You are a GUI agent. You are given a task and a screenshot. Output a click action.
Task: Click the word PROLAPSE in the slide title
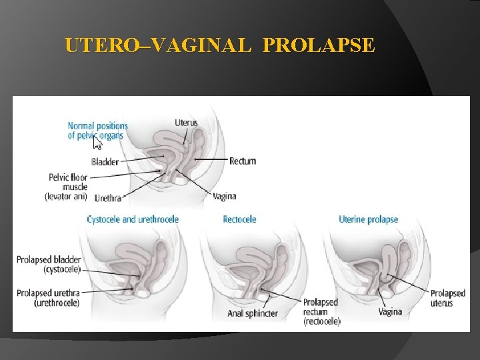(319, 46)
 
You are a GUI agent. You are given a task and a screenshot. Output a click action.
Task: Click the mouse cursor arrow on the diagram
(97, 143)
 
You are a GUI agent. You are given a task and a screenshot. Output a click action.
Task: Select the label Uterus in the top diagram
(186, 123)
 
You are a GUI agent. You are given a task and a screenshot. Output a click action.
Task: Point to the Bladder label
(105, 161)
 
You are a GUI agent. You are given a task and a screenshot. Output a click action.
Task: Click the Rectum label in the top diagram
(243, 161)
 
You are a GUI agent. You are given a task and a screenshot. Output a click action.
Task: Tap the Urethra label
(107, 198)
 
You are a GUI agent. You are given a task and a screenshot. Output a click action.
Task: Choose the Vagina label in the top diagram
(224, 197)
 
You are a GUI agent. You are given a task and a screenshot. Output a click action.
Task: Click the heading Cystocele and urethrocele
(133, 219)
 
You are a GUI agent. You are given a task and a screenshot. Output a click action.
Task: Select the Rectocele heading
(239, 219)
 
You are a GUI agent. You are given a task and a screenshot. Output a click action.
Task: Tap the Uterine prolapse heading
(368, 219)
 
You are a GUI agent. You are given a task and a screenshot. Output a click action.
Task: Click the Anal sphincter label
(252, 313)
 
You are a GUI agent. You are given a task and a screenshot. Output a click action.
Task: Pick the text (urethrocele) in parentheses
(57, 303)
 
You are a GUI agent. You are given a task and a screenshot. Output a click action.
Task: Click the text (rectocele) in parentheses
(321, 321)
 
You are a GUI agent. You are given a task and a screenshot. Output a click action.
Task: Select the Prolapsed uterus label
(447, 298)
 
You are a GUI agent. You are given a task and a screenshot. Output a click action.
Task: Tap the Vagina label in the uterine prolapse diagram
(390, 311)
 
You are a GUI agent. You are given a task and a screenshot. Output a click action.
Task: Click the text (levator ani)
(66, 197)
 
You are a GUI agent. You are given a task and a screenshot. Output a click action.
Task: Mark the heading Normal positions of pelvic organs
(97, 131)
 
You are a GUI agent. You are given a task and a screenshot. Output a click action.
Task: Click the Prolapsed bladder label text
(49, 259)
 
